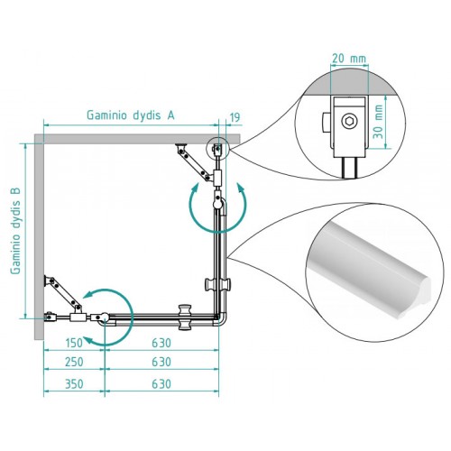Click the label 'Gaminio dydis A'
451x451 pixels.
tap(131, 115)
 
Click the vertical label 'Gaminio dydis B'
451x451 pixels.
tap(15, 231)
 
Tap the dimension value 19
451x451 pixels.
tap(235, 117)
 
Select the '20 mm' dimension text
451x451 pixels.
tap(349, 58)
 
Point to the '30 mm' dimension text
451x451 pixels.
tap(379, 122)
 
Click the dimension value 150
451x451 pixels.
tap(74, 343)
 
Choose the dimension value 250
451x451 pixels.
tap(74, 362)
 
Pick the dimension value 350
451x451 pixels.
tap(74, 384)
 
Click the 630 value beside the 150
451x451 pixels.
tap(161, 343)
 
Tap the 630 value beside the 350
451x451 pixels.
tap(161, 384)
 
